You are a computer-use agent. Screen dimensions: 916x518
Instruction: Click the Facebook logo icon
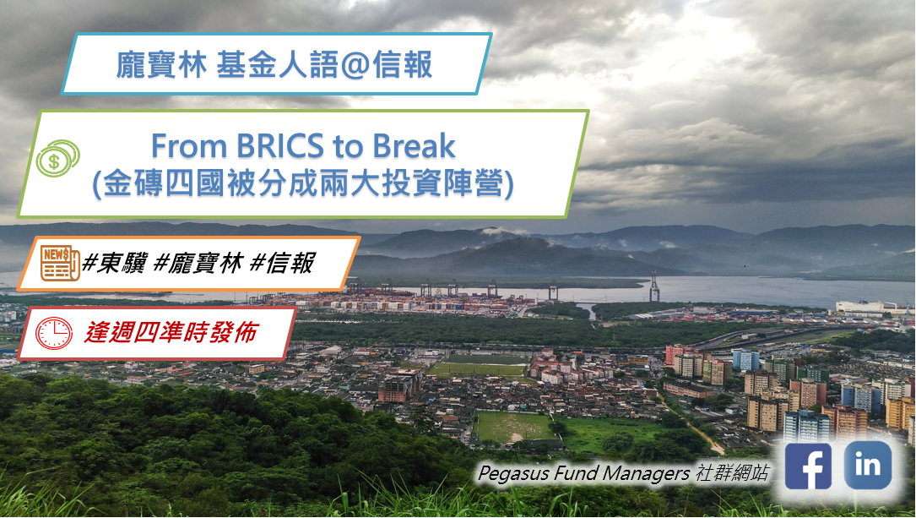(x=808, y=466)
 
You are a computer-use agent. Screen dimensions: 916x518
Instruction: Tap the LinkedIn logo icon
(x=868, y=465)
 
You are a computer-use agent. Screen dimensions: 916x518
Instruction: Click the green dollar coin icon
(x=57, y=158)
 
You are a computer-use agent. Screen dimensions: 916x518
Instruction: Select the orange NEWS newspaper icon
(x=60, y=263)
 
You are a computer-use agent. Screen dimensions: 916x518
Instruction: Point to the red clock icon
(x=54, y=333)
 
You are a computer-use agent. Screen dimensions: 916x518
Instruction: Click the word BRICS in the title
(x=279, y=145)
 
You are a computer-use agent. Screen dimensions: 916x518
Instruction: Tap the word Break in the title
(x=414, y=145)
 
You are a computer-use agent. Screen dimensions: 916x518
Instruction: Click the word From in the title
(x=188, y=146)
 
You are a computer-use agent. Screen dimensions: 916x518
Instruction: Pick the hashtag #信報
(x=281, y=263)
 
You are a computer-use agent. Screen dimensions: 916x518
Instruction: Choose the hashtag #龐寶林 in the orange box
(x=197, y=263)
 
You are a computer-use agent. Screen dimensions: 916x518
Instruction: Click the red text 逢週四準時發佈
(x=171, y=333)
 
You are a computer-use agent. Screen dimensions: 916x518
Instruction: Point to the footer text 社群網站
(x=732, y=472)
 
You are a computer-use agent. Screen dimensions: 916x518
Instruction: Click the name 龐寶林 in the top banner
(x=162, y=65)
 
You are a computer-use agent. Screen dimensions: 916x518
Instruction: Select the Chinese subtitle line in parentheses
(x=303, y=184)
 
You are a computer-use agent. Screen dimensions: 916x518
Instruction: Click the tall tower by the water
(x=654, y=286)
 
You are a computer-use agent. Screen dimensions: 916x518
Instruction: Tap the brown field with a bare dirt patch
(x=513, y=426)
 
